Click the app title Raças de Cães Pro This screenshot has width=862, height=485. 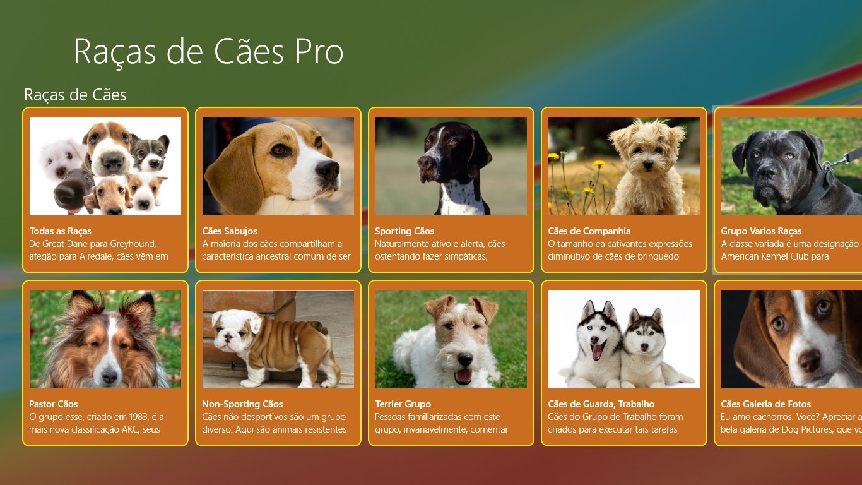point(208,52)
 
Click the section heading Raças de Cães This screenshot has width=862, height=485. point(75,95)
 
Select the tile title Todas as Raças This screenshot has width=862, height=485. point(61,231)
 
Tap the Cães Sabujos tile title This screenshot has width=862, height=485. point(230,231)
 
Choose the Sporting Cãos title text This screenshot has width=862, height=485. point(404,231)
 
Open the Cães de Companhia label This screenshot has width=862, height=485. point(589,231)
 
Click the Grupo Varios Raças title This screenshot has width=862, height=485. point(761,231)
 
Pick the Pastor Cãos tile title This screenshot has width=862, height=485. point(54,404)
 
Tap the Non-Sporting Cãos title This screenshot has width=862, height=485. point(242,404)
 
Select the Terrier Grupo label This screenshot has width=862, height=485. point(403,404)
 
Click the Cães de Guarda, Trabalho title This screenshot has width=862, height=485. point(601,404)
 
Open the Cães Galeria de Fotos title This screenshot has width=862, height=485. point(766,404)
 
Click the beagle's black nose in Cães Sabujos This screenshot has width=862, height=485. point(328,169)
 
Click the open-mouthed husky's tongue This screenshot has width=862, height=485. point(597,351)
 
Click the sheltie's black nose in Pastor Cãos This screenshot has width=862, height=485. point(109,376)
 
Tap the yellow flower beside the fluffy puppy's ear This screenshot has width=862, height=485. point(598,164)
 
